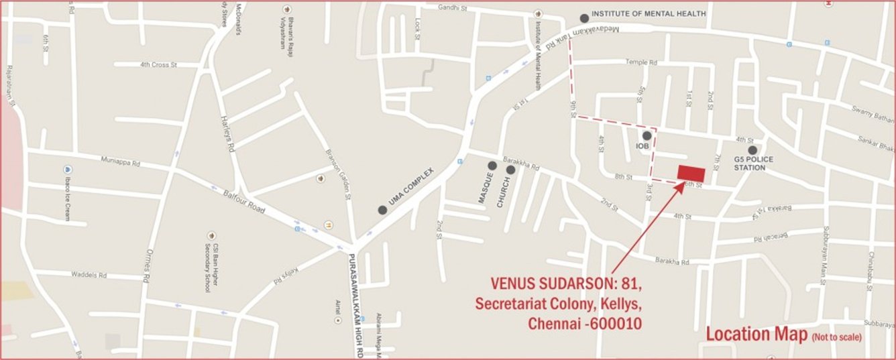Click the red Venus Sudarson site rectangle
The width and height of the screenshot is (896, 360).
pyautogui.click(x=691, y=172)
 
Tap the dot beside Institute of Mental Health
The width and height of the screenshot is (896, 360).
pyautogui.click(x=585, y=18)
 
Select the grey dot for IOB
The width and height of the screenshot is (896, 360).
pyautogui.click(x=647, y=136)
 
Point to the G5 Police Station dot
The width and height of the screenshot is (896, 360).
pyautogui.click(x=752, y=150)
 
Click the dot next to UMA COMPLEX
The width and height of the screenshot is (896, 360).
pyautogui.click(x=382, y=210)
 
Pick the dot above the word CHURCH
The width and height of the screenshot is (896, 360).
pyautogui.click(x=510, y=170)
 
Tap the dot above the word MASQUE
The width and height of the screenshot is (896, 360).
pyautogui.click(x=492, y=166)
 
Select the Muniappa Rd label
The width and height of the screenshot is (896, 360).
pyautogui.click(x=121, y=162)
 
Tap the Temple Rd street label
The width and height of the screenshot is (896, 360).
pyautogui.click(x=640, y=62)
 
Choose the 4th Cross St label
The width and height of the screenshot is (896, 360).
pyautogui.click(x=158, y=65)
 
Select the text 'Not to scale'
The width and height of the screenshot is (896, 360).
pyautogui.click(x=836, y=337)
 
